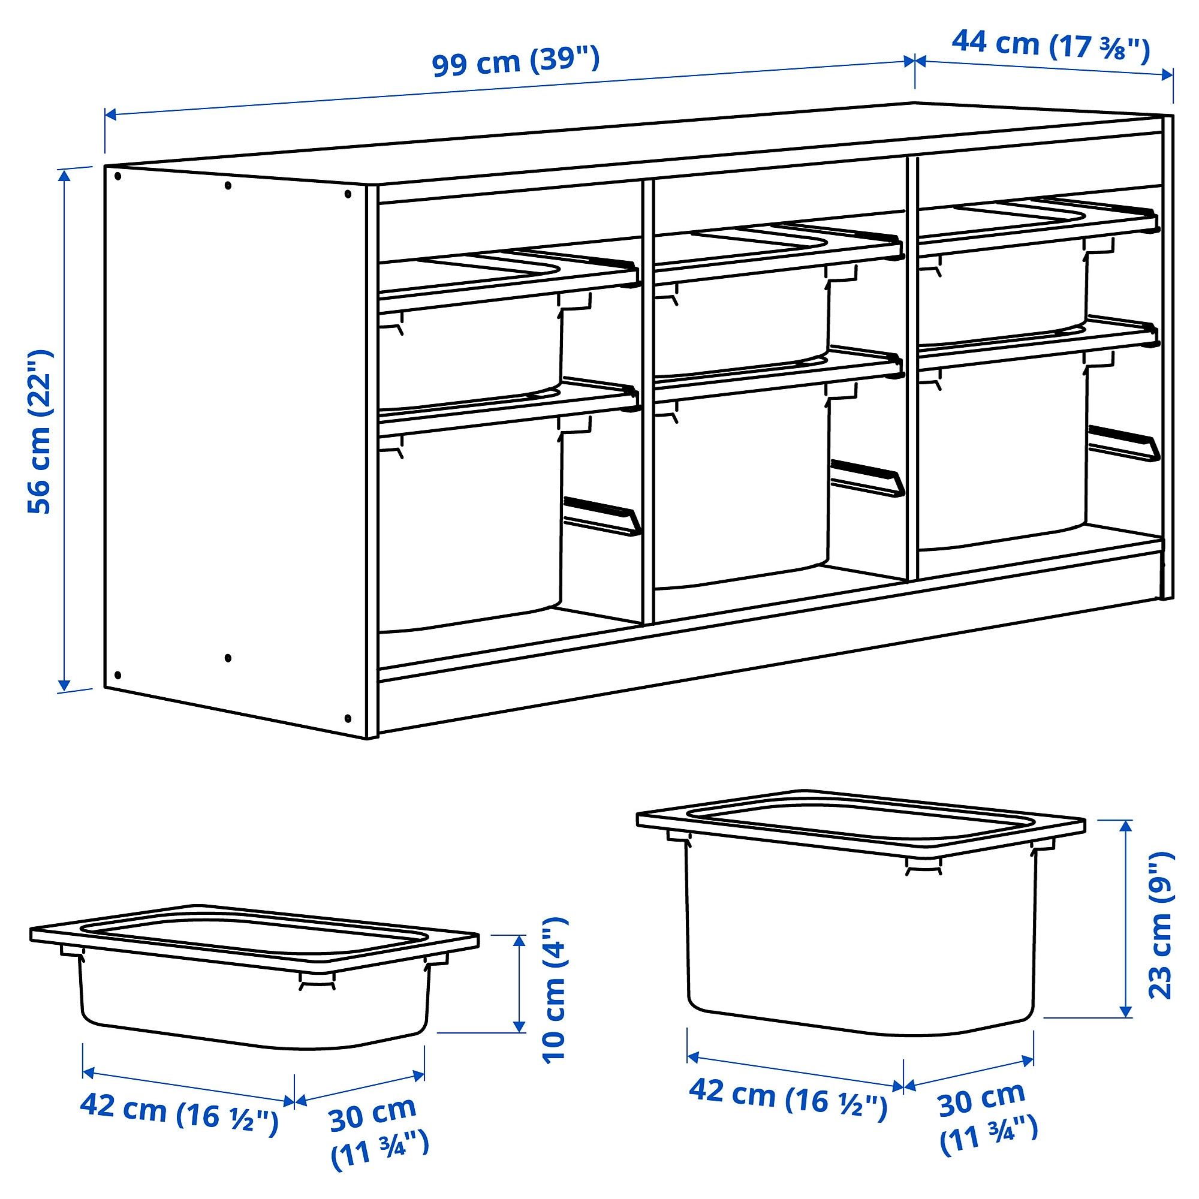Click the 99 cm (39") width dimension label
[516, 62]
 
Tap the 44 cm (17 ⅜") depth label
[1051, 46]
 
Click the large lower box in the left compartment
[471, 522]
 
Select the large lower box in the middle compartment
[742, 484]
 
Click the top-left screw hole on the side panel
[118, 176]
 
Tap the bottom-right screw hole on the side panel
[348, 718]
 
